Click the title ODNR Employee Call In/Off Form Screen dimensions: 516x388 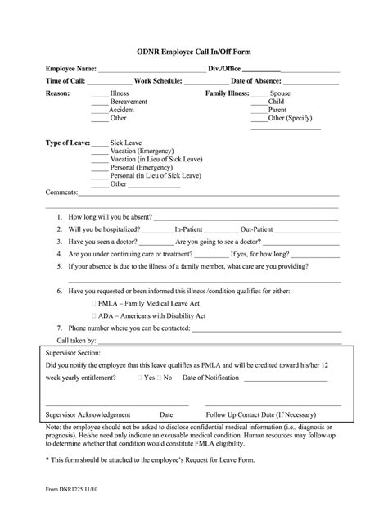pyautogui.click(x=193, y=51)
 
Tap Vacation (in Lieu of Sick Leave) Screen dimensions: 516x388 pyautogui.click(x=156, y=159)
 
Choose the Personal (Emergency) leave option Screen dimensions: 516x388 pyautogui.click(x=144, y=167)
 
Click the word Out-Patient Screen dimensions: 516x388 pyautogui.click(x=256, y=229)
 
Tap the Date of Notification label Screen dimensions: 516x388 pyautogui.click(x=210, y=378)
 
